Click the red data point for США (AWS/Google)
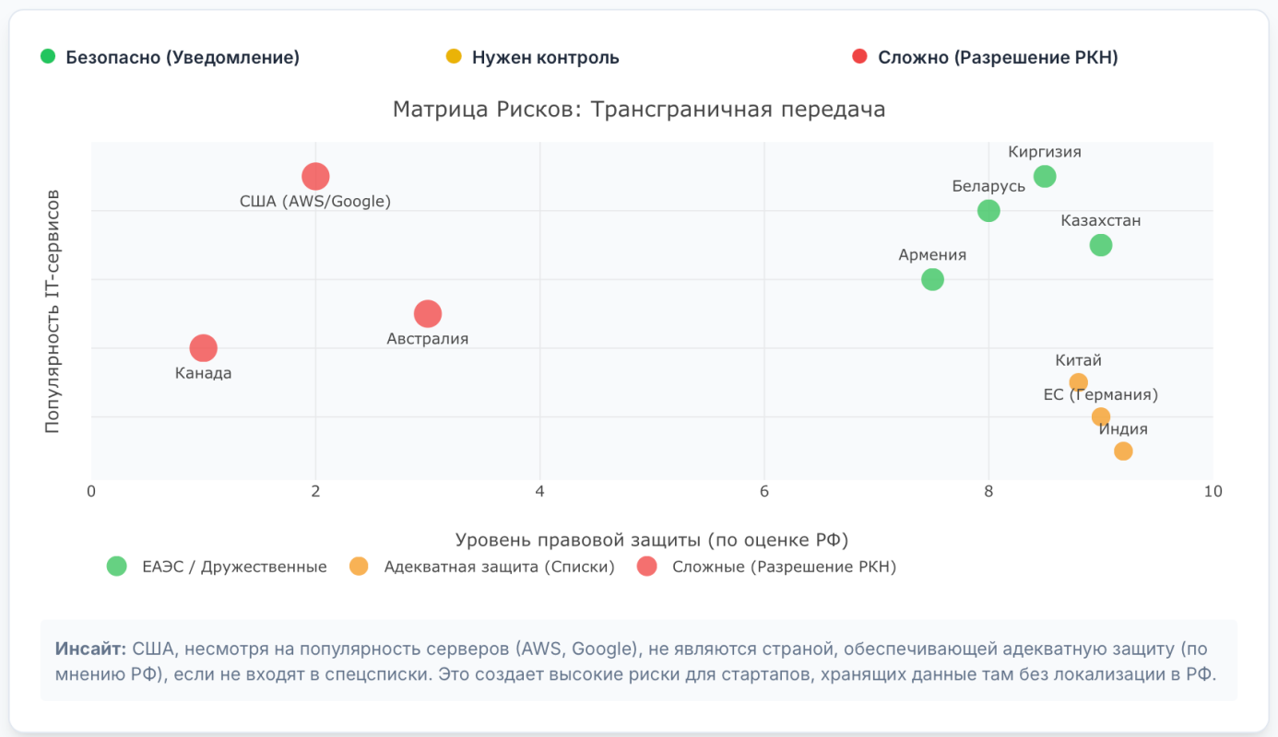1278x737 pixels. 315,176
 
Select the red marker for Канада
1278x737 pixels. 204,348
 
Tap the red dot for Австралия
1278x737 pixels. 428,314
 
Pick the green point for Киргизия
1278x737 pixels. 1045,176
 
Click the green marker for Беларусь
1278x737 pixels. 988,211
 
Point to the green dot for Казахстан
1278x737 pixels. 1101,245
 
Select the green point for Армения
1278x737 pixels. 932,279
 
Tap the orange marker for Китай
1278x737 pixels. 1078,382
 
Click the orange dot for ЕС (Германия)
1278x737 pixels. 1101,416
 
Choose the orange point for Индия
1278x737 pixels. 1123,450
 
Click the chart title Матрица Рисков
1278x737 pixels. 639,110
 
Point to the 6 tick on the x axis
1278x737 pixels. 764,492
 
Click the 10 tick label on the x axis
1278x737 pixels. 1213,492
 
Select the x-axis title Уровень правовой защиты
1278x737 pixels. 652,539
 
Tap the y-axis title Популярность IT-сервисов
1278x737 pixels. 53,311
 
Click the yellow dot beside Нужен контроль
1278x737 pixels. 453,56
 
